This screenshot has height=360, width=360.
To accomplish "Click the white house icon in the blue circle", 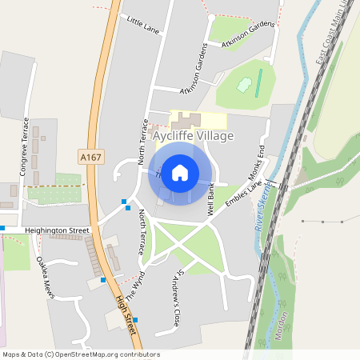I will click(x=180, y=173).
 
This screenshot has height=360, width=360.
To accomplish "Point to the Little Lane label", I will click(x=143, y=26).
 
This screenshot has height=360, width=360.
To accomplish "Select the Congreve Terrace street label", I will click(x=25, y=147).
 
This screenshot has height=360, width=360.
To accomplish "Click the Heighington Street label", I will click(x=57, y=230).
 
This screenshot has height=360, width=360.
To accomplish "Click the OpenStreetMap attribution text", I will click(x=70, y=354).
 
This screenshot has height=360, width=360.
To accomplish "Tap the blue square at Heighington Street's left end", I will click(x=2, y=228).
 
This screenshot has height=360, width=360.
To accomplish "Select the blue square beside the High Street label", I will click(x=135, y=320).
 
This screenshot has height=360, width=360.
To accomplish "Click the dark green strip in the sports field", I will click(x=258, y=83).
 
